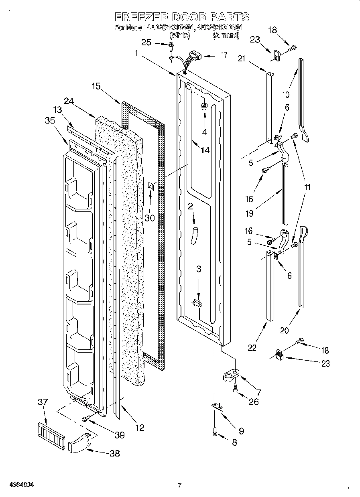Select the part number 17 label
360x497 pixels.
pyautogui.click(x=224, y=55)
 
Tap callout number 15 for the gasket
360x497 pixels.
pyautogui.click(x=96, y=86)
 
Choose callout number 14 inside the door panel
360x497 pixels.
pyautogui.click(x=205, y=150)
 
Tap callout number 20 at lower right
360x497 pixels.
pyautogui.click(x=284, y=331)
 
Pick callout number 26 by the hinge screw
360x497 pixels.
pyautogui.click(x=253, y=401)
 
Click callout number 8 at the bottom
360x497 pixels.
pyautogui.click(x=234, y=442)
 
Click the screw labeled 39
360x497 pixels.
pyautogui.click(x=85, y=419)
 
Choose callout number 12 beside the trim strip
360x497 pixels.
pyautogui.click(x=139, y=428)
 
